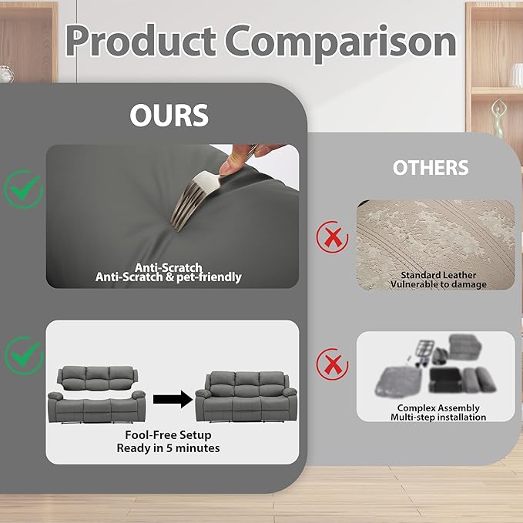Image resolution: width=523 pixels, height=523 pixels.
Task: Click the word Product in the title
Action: click(141, 41)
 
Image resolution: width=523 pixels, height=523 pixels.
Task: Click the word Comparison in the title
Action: click(341, 43)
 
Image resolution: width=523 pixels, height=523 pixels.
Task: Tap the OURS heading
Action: click(169, 116)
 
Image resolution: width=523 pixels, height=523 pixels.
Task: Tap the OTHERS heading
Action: click(431, 167)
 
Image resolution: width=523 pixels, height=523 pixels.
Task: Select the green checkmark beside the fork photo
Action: click(24, 189)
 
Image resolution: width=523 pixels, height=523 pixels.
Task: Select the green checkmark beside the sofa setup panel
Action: click(24, 355)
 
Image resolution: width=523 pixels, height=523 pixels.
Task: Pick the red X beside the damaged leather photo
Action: click(332, 236)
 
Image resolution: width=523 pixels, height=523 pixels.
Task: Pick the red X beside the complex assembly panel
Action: click(332, 364)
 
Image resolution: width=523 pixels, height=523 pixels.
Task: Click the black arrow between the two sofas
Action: click(173, 399)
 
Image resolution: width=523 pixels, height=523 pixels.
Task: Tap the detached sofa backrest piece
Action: click(97, 378)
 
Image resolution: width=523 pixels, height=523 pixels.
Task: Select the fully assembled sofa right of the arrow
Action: click(246, 397)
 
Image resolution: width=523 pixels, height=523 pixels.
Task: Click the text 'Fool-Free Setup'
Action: click(168, 435)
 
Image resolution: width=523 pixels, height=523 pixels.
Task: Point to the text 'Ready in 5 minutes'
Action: click(168, 448)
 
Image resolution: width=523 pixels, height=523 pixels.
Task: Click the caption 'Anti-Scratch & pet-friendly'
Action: click(169, 277)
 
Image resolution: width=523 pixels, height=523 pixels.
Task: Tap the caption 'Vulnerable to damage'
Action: click(438, 284)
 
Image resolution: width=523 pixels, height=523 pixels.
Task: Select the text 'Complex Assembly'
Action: click(438, 408)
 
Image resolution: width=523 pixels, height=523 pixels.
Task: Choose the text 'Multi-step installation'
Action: click(438, 417)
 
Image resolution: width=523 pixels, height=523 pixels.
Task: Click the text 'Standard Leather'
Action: click(438, 275)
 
